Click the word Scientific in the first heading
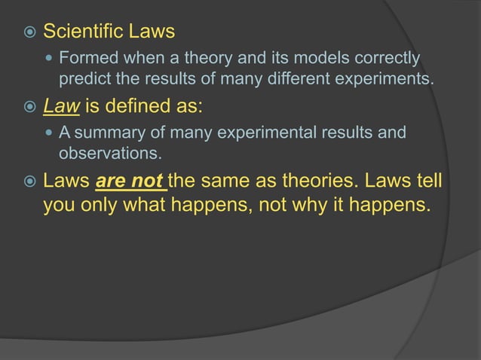tap(85, 32)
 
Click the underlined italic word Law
tap(61, 106)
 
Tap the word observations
tap(110, 154)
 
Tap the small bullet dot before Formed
tap(49, 58)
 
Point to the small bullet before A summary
tap(49, 133)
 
